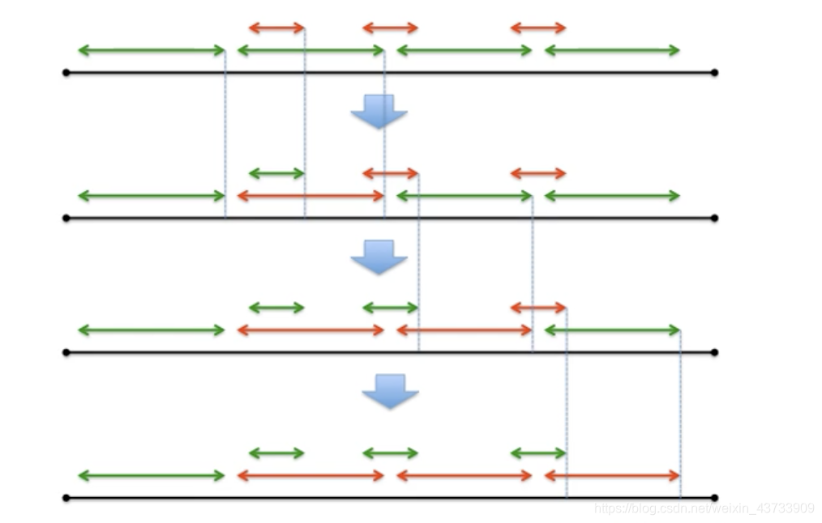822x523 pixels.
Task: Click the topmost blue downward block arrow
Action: click(x=379, y=111)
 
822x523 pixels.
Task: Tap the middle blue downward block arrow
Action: click(x=379, y=256)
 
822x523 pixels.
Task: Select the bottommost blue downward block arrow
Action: click(x=390, y=390)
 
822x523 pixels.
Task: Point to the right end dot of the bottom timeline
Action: click(x=714, y=498)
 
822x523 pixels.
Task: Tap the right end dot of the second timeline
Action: click(x=714, y=218)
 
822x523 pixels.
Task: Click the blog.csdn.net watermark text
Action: click(x=704, y=508)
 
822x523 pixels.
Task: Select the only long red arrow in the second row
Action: click(x=310, y=196)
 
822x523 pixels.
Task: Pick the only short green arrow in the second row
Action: click(x=276, y=173)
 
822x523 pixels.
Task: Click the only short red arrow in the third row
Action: click(x=538, y=308)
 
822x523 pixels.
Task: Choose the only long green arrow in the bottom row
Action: click(x=151, y=476)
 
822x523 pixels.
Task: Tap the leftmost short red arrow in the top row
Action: click(x=276, y=28)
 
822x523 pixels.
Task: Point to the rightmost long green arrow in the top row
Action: click(x=612, y=50)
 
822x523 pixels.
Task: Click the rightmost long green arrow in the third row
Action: click(x=612, y=330)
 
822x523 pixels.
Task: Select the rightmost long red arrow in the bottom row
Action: click(x=612, y=476)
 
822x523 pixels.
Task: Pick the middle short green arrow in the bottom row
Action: click(x=390, y=453)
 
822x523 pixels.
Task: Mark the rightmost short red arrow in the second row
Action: click(x=538, y=173)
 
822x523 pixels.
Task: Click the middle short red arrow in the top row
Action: click(x=390, y=28)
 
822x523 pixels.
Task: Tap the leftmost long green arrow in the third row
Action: click(x=151, y=330)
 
